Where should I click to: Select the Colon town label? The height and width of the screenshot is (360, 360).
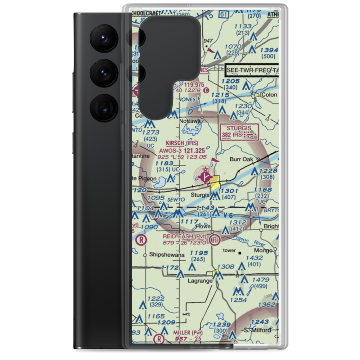coord(270,95)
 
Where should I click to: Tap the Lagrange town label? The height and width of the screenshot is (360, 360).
coord(200,281)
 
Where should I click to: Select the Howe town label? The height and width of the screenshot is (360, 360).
coord(203,226)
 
